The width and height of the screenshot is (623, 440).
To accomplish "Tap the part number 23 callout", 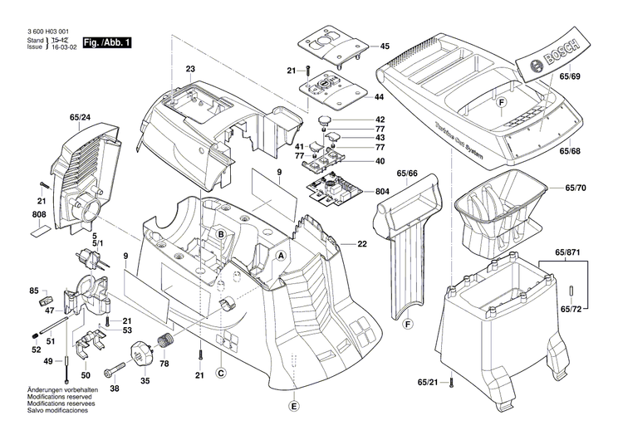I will click(190, 69).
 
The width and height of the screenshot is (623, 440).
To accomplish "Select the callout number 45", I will click(385, 46).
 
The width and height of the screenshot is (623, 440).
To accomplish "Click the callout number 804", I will click(382, 192).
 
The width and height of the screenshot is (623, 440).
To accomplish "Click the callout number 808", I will click(40, 216).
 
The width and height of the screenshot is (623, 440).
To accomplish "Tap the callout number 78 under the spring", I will click(163, 364).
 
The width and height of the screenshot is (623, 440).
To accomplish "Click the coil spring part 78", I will click(165, 340).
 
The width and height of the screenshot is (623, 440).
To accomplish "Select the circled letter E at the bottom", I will click(292, 406).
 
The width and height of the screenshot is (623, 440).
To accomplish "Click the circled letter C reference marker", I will click(221, 373).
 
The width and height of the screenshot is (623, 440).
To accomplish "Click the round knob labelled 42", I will click(324, 123).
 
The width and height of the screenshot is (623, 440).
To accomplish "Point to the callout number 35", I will click(145, 381).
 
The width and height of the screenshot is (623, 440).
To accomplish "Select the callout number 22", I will click(362, 243).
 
